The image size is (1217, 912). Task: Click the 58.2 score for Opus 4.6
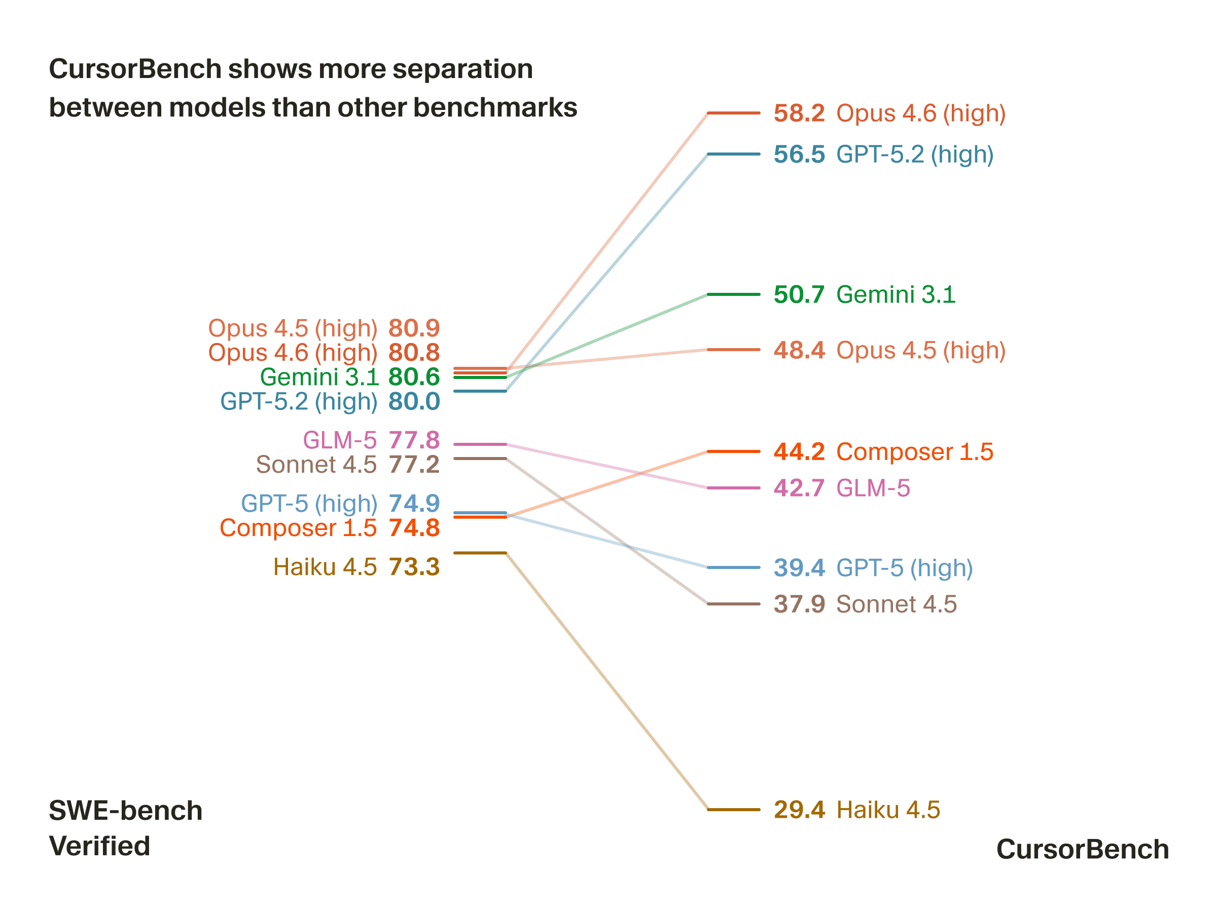[x=799, y=113]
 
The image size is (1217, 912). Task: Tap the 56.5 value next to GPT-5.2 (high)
[x=799, y=155]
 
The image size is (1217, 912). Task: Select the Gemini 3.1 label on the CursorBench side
[x=896, y=295]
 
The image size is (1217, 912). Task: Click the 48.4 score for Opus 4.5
[x=799, y=350]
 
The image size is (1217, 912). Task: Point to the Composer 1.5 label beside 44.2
[x=914, y=452]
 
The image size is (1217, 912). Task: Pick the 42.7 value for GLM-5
[x=799, y=488]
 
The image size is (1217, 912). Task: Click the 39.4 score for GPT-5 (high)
[x=799, y=568]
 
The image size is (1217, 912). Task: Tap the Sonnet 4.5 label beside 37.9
[x=896, y=604]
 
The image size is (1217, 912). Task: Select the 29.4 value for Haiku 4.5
[x=799, y=810]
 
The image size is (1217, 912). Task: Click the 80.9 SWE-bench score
[x=414, y=328]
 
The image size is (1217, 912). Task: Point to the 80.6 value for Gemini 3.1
[x=414, y=377]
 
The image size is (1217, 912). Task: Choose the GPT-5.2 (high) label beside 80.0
[x=299, y=402]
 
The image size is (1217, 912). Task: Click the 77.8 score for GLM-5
[x=414, y=440]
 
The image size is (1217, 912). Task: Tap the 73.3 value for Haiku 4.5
[x=414, y=567]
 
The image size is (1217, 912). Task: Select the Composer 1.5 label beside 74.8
[x=298, y=528]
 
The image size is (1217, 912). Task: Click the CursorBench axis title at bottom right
[x=1082, y=849]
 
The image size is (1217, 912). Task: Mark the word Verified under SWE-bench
[x=99, y=846]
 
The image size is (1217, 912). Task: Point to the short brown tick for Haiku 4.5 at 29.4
[x=733, y=810]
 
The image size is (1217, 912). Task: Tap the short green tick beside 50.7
[x=733, y=295]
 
